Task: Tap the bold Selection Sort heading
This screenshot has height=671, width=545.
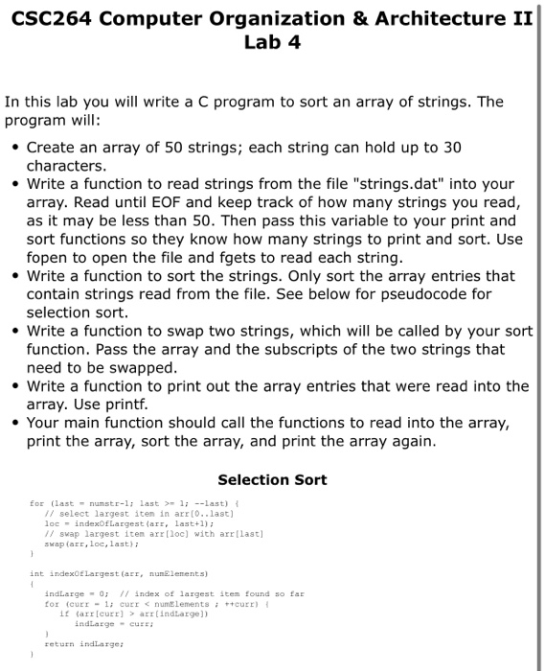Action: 272,479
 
